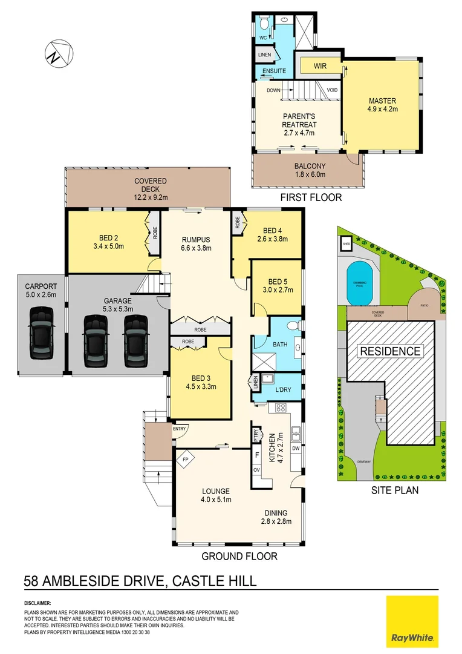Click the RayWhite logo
coord(412,620)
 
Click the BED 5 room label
coord(278,282)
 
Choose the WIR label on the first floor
coord(320,65)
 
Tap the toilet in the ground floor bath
coord(293,326)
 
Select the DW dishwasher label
coord(296,449)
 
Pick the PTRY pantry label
coord(256,435)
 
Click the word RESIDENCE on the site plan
coord(390,351)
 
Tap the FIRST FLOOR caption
coord(311,197)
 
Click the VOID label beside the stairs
coord(332,90)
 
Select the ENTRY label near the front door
coord(180,429)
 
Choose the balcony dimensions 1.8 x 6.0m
coord(310,174)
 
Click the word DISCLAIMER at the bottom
coord(37,604)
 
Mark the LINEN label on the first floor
coord(265,55)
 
